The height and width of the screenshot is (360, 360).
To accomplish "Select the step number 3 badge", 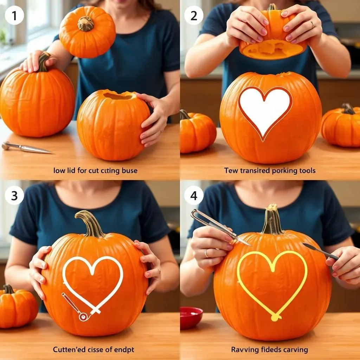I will (x=14, y=196).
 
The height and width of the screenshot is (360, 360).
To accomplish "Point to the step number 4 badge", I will (x=194, y=196).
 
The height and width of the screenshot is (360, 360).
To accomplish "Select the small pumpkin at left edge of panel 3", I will (x=16, y=306).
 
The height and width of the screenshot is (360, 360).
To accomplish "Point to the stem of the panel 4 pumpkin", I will (x=272, y=220).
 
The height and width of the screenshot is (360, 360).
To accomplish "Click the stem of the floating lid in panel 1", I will (x=85, y=24).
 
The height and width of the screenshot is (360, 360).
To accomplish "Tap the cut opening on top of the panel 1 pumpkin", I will (x=118, y=96).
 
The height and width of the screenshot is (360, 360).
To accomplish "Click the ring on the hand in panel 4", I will (x=206, y=253).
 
